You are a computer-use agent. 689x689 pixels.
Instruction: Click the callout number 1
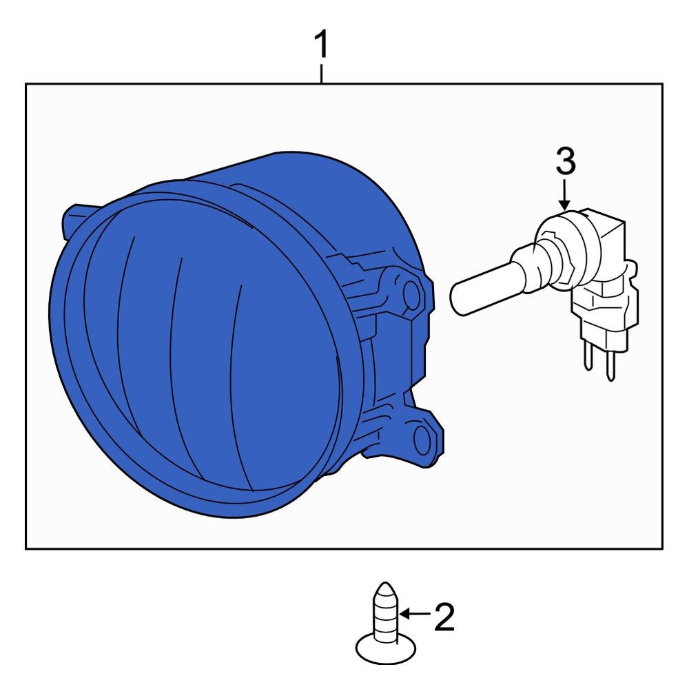[x=322, y=44]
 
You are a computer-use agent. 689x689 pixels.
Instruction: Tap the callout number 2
[x=444, y=617]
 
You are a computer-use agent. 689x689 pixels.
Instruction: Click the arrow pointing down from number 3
[x=565, y=194]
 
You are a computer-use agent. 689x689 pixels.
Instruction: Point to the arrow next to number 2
[x=415, y=613]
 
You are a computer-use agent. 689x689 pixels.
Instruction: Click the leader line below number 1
[x=322, y=74]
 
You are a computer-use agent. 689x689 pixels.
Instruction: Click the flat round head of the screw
[x=385, y=650]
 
